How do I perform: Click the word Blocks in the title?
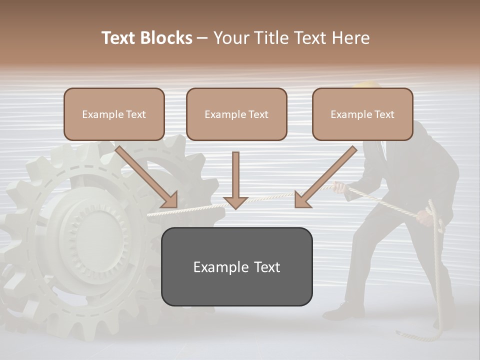tap(166, 38)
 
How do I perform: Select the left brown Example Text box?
tap(114, 114)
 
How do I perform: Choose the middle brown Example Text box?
tap(236, 114)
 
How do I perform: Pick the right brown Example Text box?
tap(362, 114)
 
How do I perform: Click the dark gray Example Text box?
tap(236, 266)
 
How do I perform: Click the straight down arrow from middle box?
tap(235, 180)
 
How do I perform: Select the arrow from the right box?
tap(325, 177)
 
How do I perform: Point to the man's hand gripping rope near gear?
tap(339, 187)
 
